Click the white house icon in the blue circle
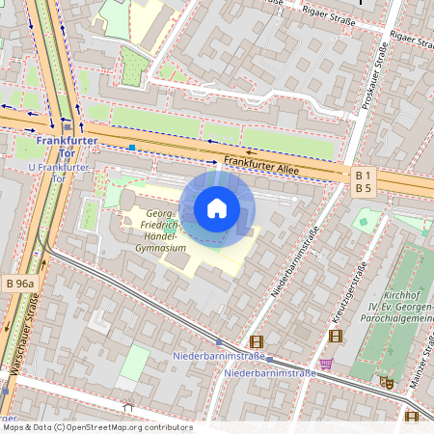pos(217,208)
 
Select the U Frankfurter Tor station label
pos(59,174)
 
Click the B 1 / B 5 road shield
pos(364,181)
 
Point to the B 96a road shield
pos(19,284)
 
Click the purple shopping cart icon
pos(326,365)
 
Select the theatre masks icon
pos(386,382)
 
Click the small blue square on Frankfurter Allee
pos(131,148)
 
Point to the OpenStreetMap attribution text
pos(96,427)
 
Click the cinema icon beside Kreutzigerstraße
pos(335,337)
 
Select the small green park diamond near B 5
pos(363,221)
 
